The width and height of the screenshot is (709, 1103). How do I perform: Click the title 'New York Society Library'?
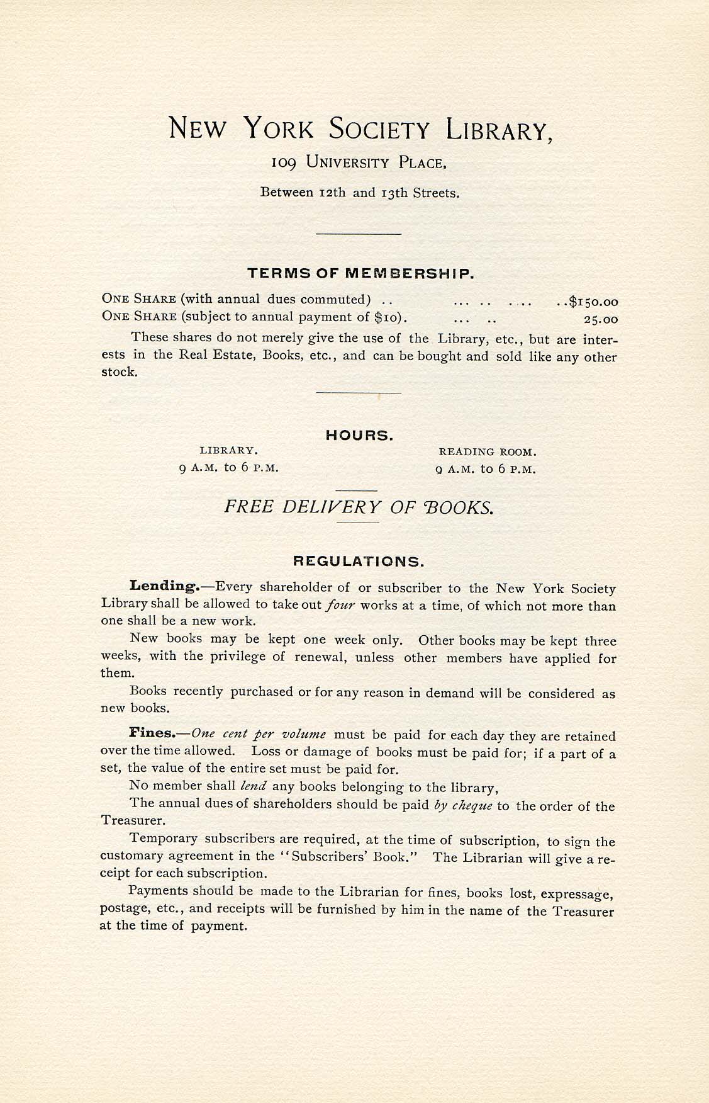point(361,129)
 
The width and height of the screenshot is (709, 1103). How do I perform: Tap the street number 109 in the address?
point(284,162)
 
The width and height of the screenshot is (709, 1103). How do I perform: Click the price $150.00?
point(593,302)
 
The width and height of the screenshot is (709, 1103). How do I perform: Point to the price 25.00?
point(601,319)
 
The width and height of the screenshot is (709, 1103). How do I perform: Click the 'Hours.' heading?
point(359,436)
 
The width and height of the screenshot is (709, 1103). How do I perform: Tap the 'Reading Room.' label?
point(487,452)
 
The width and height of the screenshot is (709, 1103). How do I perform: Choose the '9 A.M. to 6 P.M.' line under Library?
point(228,468)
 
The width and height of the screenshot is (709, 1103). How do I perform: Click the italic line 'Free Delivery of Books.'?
point(359,507)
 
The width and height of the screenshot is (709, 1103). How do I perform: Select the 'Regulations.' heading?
point(359,561)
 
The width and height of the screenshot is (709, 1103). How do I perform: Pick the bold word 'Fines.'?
point(151,733)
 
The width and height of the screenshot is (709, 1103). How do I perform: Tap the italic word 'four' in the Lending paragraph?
point(340,606)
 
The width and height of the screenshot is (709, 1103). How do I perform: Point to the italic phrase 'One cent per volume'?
point(259,734)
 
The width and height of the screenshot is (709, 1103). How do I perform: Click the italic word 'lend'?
point(254,786)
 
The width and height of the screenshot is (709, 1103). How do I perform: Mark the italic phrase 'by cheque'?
point(463,806)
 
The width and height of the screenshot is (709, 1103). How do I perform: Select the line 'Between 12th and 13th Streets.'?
point(360,193)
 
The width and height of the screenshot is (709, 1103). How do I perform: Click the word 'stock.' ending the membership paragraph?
point(120,372)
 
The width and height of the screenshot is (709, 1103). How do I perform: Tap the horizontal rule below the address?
point(359,234)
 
